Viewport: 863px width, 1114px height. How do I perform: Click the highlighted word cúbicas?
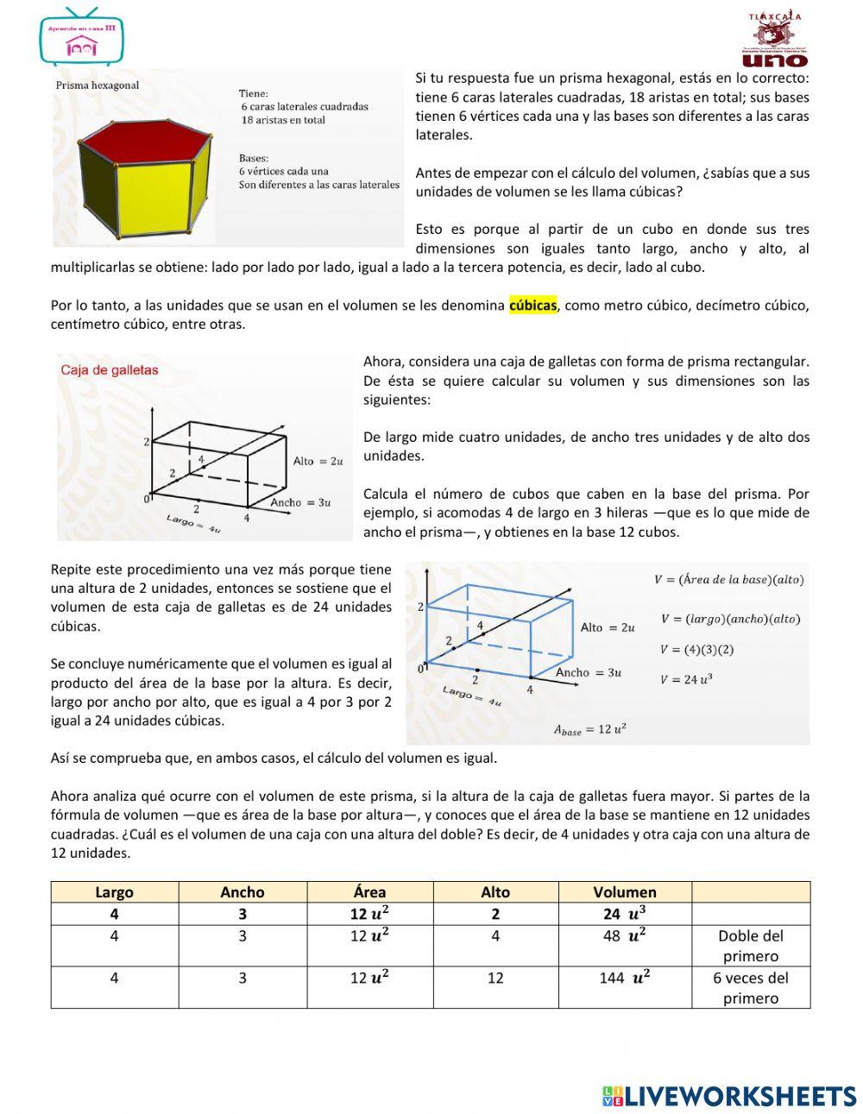coord(532,305)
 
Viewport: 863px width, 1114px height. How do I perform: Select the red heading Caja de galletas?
coord(110,370)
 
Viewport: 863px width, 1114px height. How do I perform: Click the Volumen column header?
coord(625,892)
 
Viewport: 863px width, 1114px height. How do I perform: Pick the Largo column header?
coord(114,892)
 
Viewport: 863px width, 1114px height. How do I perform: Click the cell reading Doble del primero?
coord(750,946)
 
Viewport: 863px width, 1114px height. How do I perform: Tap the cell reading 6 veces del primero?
coord(750,988)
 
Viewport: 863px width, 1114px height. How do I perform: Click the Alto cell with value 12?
coord(495,978)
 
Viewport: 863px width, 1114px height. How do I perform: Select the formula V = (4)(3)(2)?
coord(696,649)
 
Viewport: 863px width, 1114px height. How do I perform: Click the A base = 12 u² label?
coord(589,730)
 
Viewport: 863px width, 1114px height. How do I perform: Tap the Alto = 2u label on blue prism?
coord(608,627)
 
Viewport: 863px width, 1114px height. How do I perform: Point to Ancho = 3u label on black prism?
coord(300,502)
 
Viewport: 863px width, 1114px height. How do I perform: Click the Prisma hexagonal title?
coord(98,85)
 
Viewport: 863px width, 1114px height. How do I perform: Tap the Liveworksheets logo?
coord(729,1096)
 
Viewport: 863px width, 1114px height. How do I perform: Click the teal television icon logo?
coord(82,37)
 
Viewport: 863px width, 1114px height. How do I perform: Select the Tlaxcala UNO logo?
coord(775,40)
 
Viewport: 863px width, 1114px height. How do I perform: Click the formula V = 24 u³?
coord(686,679)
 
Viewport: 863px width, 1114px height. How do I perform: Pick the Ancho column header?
coord(243,892)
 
